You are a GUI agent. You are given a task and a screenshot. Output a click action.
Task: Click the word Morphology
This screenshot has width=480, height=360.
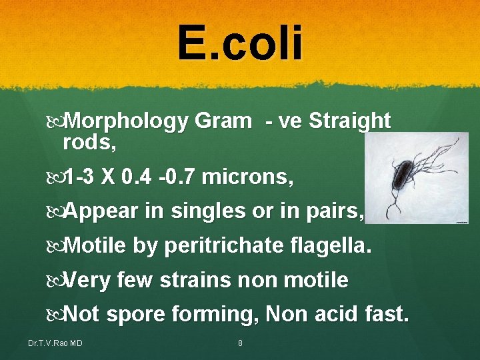tap(127, 121)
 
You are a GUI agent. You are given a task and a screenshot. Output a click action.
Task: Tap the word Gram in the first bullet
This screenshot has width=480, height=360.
tap(224, 121)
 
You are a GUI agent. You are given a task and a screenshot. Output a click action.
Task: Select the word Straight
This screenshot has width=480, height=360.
tap(350, 121)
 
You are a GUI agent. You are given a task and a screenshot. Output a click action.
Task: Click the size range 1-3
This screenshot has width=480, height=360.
tap(85, 178)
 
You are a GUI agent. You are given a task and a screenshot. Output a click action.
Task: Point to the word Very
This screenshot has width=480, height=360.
tap(90, 280)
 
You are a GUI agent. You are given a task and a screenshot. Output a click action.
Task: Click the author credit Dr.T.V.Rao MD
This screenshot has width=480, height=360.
tap(55, 343)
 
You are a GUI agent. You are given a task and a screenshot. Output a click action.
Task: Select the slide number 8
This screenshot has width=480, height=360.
tap(240, 343)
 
